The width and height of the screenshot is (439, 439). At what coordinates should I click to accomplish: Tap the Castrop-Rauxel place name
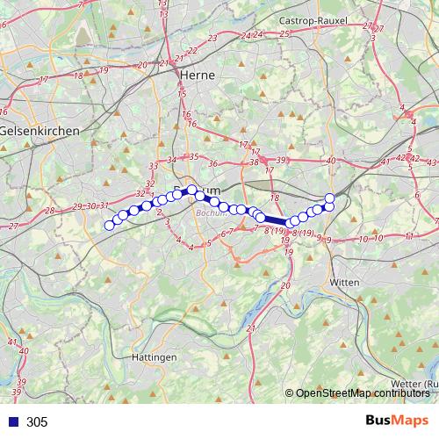(306, 18)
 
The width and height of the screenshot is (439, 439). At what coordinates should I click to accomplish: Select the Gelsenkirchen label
(40, 130)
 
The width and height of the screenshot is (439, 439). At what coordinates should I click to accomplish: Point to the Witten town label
(345, 283)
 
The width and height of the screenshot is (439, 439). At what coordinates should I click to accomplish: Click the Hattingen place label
(154, 357)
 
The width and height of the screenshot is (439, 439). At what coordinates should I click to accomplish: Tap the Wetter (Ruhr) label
(414, 384)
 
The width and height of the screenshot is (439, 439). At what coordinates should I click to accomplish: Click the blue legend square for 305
(11, 421)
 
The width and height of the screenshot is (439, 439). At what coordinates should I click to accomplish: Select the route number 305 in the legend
(37, 421)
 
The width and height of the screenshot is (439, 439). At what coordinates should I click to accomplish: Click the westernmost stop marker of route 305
(110, 226)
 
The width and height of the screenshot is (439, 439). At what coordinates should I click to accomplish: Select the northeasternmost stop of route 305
(329, 198)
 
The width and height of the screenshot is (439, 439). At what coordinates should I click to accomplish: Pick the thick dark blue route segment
(274, 221)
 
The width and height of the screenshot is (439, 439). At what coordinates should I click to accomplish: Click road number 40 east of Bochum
(331, 161)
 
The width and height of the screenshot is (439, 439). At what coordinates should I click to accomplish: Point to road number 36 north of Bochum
(212, 163)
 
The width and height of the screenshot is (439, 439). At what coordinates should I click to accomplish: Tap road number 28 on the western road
(49, 211)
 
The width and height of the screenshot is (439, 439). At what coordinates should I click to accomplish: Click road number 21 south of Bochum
(251, 328)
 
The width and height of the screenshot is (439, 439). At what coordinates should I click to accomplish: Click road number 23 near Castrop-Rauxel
(213, 39)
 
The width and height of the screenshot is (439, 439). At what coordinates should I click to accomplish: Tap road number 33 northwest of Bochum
(153, 166)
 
